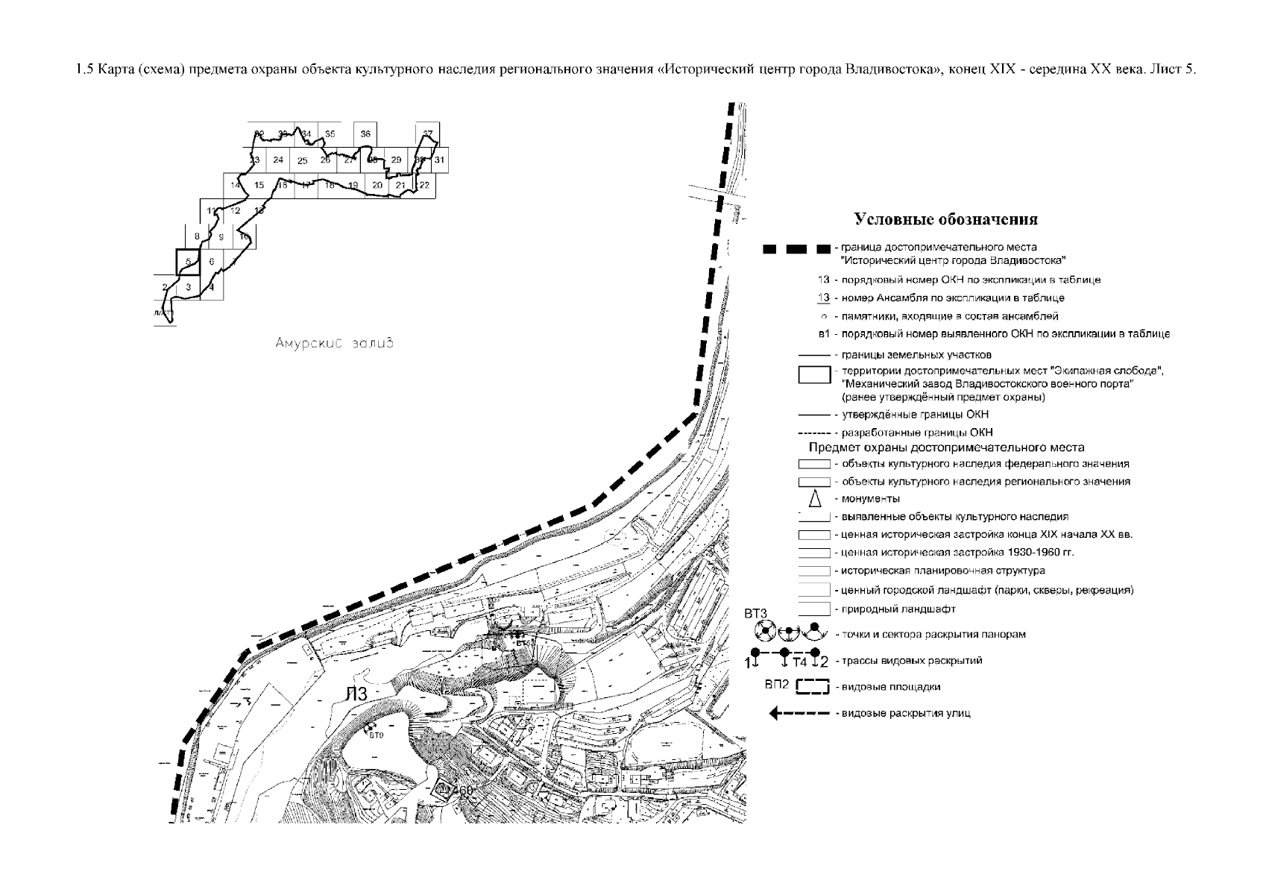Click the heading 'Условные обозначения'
(x=945, y=219)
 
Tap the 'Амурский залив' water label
(x=332, y=344)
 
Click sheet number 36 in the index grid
(x=365, y=134)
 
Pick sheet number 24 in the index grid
(x=278, y=160)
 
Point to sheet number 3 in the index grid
(x=189, y=287)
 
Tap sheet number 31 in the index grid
(x=440, y=160)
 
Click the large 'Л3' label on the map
(x=356, y=695)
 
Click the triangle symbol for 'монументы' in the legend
(x=815, y=498)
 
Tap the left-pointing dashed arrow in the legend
(x=799, y=714)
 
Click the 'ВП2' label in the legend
(x=776, y=684)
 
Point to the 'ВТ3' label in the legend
(x=756, y=613)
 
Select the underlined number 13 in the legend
(x=823, y=298)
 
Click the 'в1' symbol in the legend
(x=824, y=333)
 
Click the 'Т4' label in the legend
(x=799, y=662)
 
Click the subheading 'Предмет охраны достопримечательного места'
(x=946, y=447)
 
